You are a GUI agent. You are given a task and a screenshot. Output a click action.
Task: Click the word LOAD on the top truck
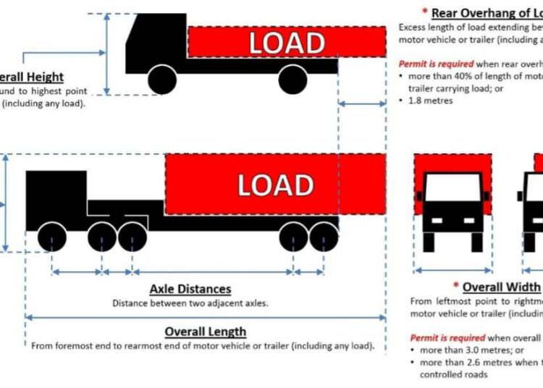[287, 43]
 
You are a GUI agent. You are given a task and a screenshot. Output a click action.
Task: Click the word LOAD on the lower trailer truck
[275, 186]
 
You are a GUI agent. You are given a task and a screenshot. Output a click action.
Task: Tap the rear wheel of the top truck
[292, 79]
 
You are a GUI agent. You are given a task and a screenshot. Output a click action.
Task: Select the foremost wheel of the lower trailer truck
[51, 237]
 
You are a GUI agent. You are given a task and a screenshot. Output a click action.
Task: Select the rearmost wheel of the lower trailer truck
[323, 237]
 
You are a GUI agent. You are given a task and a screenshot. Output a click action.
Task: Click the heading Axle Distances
[190, 290]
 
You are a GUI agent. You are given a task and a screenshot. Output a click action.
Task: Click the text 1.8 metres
[432, 101]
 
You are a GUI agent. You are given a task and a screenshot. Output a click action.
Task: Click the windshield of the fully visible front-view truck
[452, 190]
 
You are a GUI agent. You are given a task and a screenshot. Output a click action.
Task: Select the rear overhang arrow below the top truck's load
[362, 105]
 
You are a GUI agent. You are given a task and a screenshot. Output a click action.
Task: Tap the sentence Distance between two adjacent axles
[190, 303]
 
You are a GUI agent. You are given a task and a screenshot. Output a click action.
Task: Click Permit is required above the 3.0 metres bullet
[442, 338]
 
